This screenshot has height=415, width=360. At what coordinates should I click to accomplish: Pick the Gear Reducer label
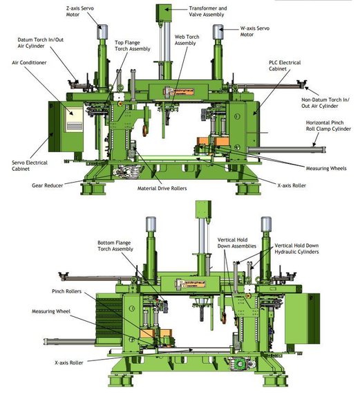(48, 185)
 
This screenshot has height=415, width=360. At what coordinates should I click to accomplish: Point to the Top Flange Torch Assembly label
(131, 46)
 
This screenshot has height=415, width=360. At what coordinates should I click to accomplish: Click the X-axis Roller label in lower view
(72, 362)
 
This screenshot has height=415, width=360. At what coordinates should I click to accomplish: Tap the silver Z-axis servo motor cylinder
(103, 33)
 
